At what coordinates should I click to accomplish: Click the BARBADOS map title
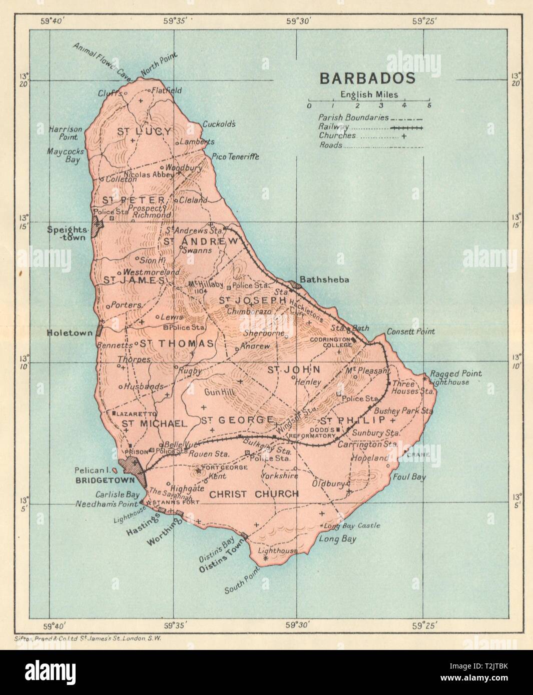[367, 78]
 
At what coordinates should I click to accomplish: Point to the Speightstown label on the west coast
[67, 233]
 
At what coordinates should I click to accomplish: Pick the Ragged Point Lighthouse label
[456, 377]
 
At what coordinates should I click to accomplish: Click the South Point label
[242, 581]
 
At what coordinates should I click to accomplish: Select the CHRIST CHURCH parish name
[254, 494]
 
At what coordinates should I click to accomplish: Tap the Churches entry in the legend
[337, 135]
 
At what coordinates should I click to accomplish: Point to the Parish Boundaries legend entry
[353, 117]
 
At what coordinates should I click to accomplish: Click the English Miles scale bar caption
[376, 94]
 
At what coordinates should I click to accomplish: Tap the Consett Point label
[410, 331]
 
